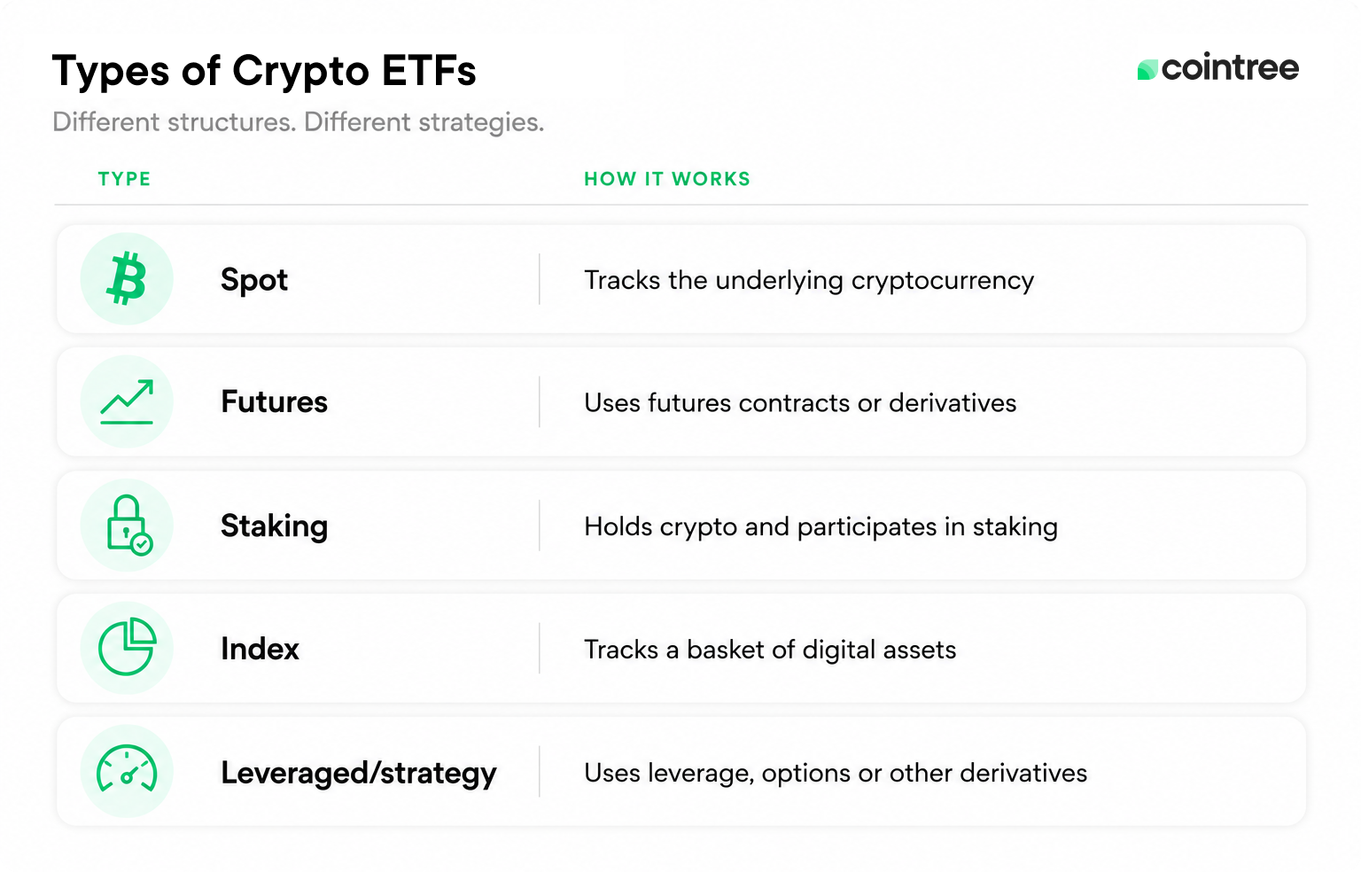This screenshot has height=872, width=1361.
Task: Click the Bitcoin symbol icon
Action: point(127,278)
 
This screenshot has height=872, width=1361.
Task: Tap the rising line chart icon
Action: point(127,401)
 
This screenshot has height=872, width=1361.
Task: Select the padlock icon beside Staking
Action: point(128,525)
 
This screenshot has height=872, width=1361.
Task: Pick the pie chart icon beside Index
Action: point(127,647)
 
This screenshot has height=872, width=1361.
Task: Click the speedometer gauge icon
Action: point(127,768)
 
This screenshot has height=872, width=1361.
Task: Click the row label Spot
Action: point(254,281)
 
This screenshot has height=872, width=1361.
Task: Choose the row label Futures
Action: point(274,401)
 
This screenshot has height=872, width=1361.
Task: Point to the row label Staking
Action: point(274,526)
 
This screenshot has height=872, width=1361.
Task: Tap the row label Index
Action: point(260,649)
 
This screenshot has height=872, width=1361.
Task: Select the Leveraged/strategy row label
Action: point(359,773)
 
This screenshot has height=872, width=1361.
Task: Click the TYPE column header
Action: point(125,179)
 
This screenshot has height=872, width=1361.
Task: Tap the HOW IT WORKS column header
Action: point(667,179)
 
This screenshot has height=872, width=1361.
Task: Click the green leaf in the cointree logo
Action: point(1147,69)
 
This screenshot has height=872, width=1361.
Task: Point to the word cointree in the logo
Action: point(1231,67)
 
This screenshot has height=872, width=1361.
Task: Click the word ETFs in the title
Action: point(429,71)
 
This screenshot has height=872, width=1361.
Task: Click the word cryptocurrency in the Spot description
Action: point(943,281)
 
